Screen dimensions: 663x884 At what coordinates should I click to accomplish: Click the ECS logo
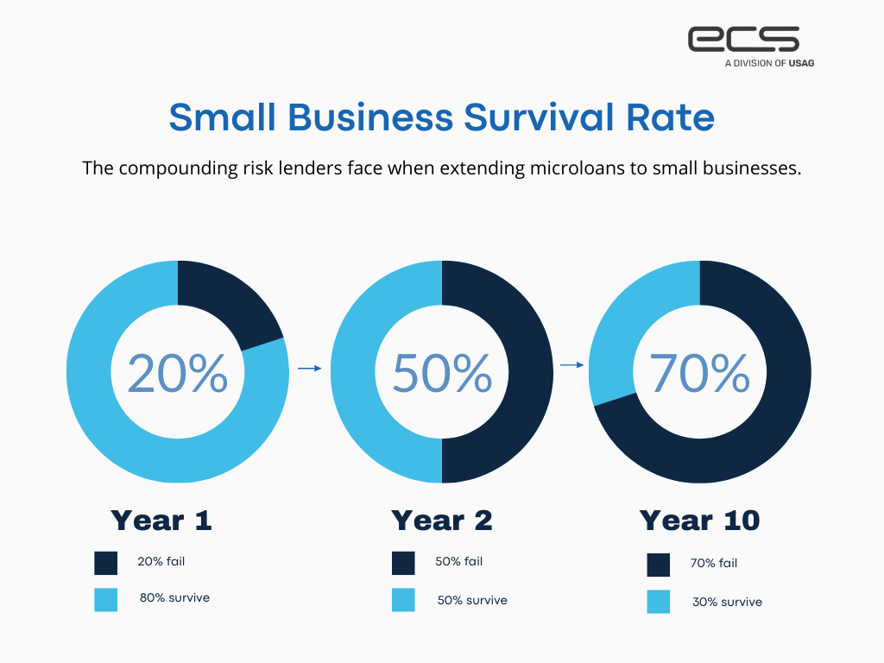tap(743, 41)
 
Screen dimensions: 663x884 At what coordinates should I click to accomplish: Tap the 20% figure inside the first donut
tap(178, 373)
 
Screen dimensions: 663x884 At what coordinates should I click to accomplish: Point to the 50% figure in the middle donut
tap(442, 373)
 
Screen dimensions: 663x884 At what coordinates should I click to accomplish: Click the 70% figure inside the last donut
tap(699, 373)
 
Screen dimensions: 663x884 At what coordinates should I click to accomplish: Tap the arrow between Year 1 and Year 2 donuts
tap(309, 368)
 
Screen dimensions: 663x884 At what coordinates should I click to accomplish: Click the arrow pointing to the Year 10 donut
tap(571, 364)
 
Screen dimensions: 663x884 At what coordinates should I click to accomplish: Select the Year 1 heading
tap(161, 521)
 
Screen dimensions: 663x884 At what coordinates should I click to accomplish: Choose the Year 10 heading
tap(699, 521)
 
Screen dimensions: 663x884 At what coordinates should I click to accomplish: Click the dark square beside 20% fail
tap(106, 563)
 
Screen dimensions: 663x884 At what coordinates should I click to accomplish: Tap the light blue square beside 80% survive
tap(106, 600)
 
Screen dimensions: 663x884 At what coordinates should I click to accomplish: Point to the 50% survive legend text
tap(472, 600)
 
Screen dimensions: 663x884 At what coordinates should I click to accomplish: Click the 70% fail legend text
tap(714, 563)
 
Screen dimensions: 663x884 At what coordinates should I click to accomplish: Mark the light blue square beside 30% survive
tap(659, 602)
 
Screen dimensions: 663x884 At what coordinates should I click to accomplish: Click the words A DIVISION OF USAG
tap(768, 63)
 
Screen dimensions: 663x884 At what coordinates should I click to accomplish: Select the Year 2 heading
tap(442, 521)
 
